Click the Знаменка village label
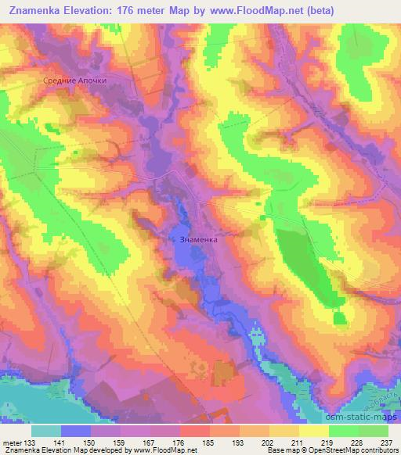coord(198,241)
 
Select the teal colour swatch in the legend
coord(46,431)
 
